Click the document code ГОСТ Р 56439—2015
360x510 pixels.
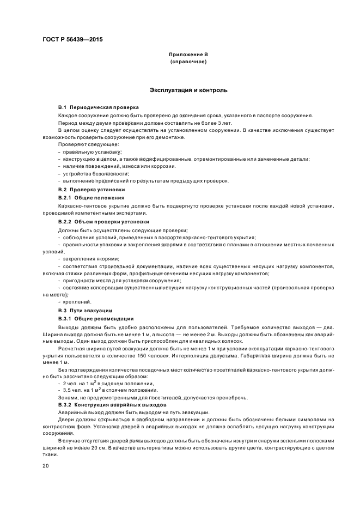[72, 40]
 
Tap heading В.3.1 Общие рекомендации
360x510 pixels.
[95, 318]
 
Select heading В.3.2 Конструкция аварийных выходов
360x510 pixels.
[112, 405]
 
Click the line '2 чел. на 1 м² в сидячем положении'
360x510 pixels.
[105, 384]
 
